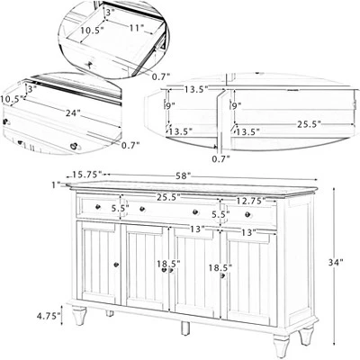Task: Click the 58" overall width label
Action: (184, 175)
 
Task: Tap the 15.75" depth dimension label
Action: (87, 175)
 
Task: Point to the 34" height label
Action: (335, 262)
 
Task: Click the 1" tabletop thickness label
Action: (56, 184)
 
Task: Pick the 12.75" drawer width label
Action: (251, 200)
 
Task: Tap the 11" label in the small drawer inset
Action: (137, 28)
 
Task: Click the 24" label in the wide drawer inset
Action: (73, 113)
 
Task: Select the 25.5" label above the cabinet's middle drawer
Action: (168, 197)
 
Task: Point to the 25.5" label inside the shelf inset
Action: (310, 124)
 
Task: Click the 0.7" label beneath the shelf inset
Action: (220, 158)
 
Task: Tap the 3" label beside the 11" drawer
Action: (109, 13)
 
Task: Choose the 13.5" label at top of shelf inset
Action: (196, 89)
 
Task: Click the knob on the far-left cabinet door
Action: (116, 265)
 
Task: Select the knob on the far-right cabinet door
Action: (222, 275)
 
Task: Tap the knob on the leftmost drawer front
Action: (97, 207)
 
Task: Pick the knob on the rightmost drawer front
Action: (247, 214)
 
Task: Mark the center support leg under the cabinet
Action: (185, 328)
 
